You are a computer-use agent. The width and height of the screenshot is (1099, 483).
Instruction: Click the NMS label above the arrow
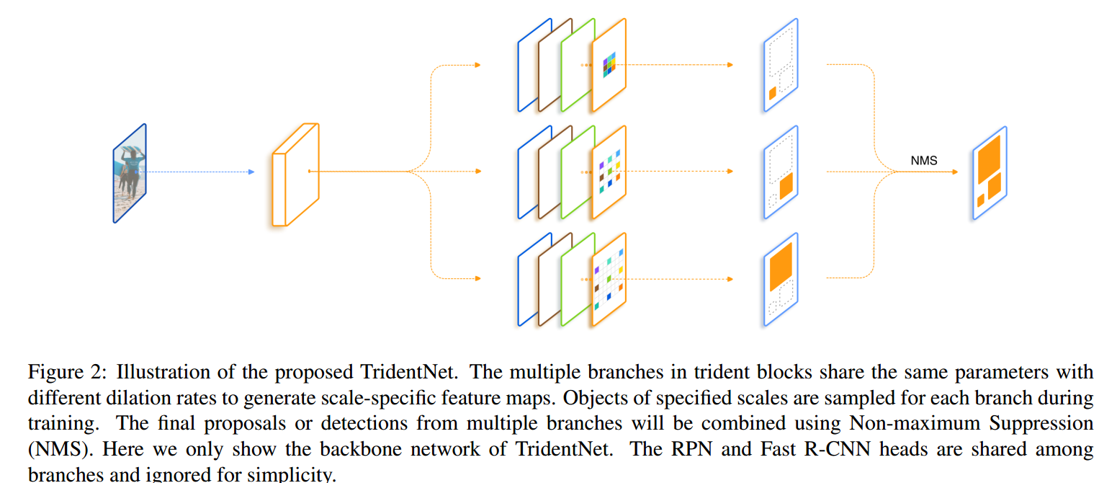(924, 161)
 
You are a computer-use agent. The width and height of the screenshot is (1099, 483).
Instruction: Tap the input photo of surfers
(130, 173)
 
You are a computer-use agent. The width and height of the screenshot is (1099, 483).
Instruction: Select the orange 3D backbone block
(295, 174)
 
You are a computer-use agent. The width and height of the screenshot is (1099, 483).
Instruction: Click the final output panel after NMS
(989, 173)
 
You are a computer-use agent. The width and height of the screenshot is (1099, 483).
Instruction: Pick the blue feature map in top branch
(524, 66)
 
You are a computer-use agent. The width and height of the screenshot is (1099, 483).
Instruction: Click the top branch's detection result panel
(781, 65)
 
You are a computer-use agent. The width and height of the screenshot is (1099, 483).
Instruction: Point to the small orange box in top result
(772, 93)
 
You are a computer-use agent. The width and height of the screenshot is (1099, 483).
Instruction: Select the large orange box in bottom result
(781, 266)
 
